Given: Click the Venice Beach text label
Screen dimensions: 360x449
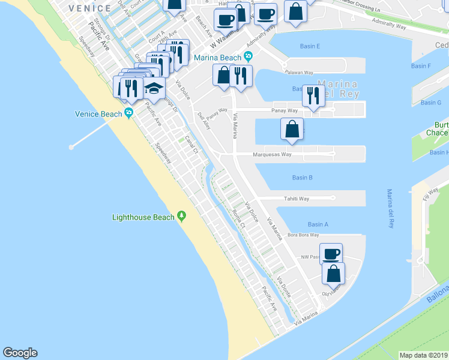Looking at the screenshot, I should (98, 114).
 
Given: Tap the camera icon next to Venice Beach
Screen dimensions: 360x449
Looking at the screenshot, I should (128, 115).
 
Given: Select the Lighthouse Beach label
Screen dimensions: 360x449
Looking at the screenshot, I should (143, 217).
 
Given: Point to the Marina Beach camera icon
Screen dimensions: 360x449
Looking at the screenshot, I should (248, 58).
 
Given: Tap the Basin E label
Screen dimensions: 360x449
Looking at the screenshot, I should (309, 46).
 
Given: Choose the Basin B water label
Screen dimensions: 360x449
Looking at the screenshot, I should (302, 178).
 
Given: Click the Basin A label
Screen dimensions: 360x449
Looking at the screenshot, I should (318, 224).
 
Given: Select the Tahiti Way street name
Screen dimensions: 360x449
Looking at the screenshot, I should (296, 199).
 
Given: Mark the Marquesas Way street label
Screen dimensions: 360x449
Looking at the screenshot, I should (272, 154).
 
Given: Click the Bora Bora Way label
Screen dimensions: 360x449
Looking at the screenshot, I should (302, 235).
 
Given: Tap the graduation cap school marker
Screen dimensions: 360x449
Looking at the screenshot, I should (154, 88).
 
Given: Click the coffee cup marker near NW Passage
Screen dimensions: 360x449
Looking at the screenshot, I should (331, 254).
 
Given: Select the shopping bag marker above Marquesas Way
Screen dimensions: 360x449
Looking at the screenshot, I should (291, 129).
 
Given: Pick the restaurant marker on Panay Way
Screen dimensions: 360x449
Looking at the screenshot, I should (313, 95).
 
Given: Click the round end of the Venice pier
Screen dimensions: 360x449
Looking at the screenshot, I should (71, 146).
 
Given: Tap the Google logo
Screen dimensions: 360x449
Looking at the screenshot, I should (20, 353).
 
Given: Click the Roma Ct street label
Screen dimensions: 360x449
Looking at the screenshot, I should (238, 220).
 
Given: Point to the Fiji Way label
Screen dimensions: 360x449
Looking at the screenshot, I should (430, 194).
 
